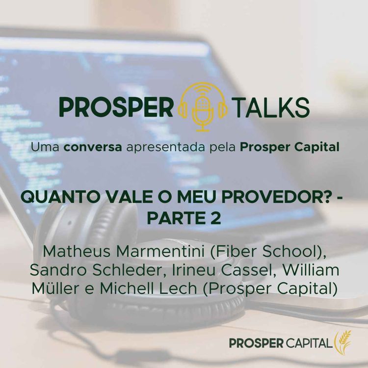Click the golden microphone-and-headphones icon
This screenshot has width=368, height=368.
click(x=203, y=106)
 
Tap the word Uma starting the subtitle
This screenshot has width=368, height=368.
click(x=42, y=147)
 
